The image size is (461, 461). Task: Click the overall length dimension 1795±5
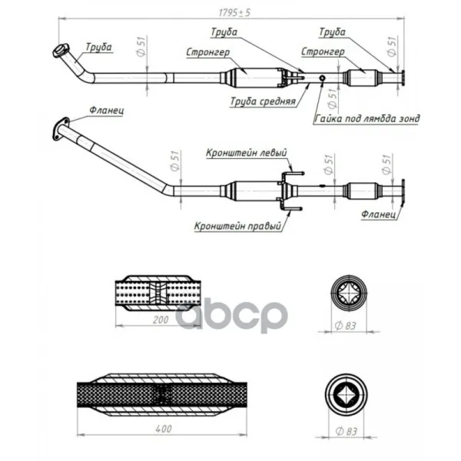point(234,12)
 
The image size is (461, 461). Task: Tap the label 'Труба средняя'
point(263,101)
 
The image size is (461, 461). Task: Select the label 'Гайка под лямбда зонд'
point(367,118)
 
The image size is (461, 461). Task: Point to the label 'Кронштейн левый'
point(247,153)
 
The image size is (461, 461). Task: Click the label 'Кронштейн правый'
point(238,226)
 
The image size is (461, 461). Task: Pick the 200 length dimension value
point(161,320)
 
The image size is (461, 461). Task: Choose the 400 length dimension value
point(164,429)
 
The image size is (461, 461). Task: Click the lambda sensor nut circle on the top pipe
point(322,78)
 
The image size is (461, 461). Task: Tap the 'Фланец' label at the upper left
point(107,110)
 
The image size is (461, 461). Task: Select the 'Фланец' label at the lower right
point(378,214)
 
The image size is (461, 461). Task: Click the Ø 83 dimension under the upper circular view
point(345,326)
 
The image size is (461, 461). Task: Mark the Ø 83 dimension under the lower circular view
point(346,431)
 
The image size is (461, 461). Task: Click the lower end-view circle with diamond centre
point(347,395)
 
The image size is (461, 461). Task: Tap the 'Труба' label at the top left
point(98,47)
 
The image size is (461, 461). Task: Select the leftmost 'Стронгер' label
point(208,52)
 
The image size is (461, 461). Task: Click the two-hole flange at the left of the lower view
point(61,129)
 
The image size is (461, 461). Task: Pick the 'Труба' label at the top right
point(332,32)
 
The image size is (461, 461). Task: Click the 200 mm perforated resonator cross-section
point(158,294)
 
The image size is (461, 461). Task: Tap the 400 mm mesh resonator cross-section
point(162,395)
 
